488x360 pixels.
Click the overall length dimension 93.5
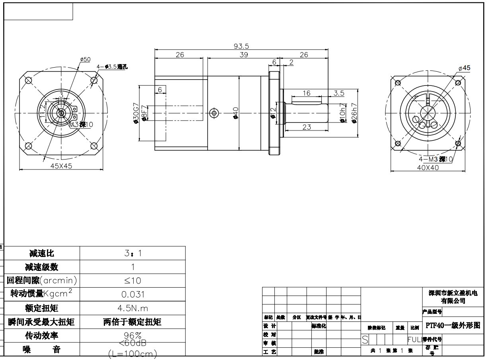click(241, 46)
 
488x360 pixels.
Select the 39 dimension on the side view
click(244, 55)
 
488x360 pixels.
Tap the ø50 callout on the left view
click(85, 59)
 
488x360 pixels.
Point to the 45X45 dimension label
click(61, 166)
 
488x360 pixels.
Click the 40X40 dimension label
click(428, 167)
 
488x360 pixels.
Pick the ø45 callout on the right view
click(464, 68)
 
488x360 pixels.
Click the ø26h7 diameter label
click(354, 113)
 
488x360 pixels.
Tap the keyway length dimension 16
click(306, 93)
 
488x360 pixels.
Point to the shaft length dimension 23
click(306, 127)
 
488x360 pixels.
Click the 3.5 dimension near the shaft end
click(339, 93)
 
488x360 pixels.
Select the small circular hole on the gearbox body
click(214, 113)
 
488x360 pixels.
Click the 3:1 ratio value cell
click(133, 253)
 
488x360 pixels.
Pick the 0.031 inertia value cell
click(133, 295)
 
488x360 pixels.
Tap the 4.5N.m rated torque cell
click(133, 308)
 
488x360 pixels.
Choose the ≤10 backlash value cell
click(133, 281)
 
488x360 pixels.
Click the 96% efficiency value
click(133, 335)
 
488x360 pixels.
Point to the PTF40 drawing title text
click(453, 325)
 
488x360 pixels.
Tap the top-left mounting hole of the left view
click(29, 80)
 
